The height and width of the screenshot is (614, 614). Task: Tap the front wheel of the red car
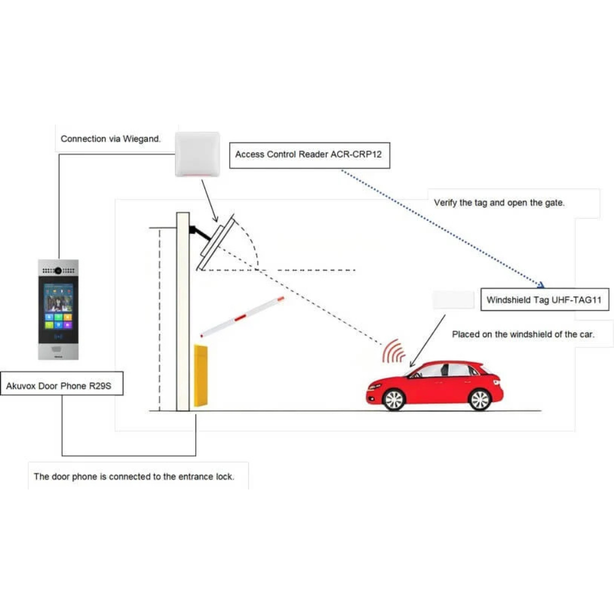pos(394,400)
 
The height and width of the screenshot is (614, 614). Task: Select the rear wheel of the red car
pos(480,400)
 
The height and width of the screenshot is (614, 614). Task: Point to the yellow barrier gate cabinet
pos(201,375)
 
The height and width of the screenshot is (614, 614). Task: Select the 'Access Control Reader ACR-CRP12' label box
pos(308,155)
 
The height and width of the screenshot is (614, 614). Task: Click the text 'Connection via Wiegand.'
pos(111,139)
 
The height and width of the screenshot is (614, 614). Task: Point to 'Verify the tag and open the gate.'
pos(499,203)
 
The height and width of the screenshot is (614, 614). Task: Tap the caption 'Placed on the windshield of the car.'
pos(523,335)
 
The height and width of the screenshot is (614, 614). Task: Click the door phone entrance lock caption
pos(134,476)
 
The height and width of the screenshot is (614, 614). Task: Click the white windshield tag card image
pos(453,300)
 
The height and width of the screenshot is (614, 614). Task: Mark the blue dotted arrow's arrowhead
pos(542,284)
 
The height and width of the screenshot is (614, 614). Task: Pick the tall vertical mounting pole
pos(182,311)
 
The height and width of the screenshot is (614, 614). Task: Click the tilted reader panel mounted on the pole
pos(215,242)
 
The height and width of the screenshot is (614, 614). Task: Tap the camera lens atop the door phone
pos(58,270)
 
